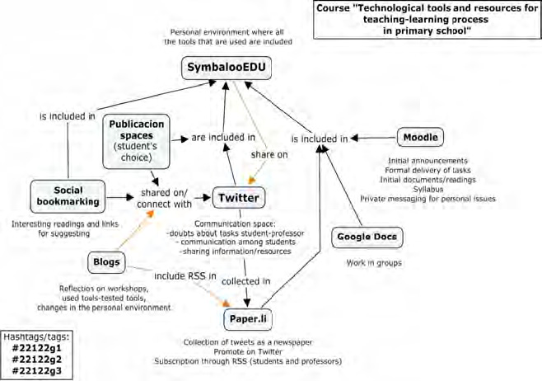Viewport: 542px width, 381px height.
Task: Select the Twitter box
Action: tap(238, 197)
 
